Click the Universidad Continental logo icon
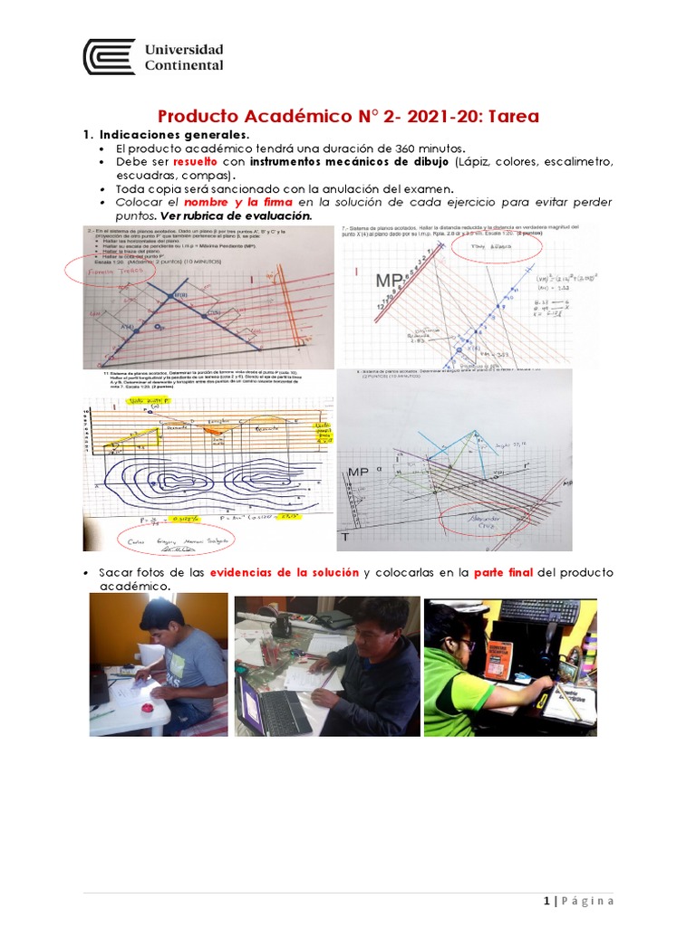pyautogui.click(x=109, y=56)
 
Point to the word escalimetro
pyautogui.click(x=577, y=161)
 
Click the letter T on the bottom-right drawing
pyautogui.click(x=344, y=538)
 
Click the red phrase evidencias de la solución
pyautogui.click(x=285, y=573)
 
